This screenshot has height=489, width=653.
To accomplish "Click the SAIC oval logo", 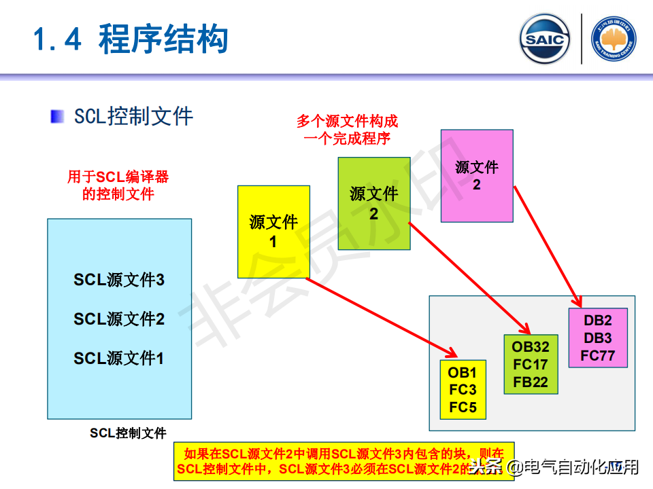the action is [545, 39].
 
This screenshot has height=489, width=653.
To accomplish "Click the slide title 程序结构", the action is [163, 39].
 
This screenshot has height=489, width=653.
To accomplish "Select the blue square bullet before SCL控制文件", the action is [58, 116].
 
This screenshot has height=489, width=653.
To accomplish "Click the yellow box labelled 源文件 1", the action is [273, 231].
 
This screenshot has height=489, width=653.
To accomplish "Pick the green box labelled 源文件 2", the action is [374, 203].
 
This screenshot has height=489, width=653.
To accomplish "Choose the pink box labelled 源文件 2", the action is [477, 175].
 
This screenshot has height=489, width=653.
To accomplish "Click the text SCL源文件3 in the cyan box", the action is [119, 280].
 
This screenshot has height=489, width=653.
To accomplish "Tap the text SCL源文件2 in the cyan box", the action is [119, 319].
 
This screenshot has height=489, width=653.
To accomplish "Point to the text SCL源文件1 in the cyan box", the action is [119, 358].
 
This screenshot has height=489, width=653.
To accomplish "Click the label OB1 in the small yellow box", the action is [463, 372].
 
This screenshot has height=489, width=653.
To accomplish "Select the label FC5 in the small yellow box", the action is [463, 407].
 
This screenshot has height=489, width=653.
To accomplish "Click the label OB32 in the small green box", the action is [531, 347].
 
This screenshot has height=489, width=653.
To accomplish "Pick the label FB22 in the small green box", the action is [531, 382].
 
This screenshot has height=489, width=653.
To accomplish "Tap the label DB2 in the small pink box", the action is [598, 321].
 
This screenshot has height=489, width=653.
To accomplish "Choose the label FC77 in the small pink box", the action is [598, 355].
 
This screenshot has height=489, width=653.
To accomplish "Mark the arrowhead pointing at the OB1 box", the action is [451, 352].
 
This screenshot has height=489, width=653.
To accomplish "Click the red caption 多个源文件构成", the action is [347, 122].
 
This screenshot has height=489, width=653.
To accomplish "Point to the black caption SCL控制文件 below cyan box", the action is [128, 433].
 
